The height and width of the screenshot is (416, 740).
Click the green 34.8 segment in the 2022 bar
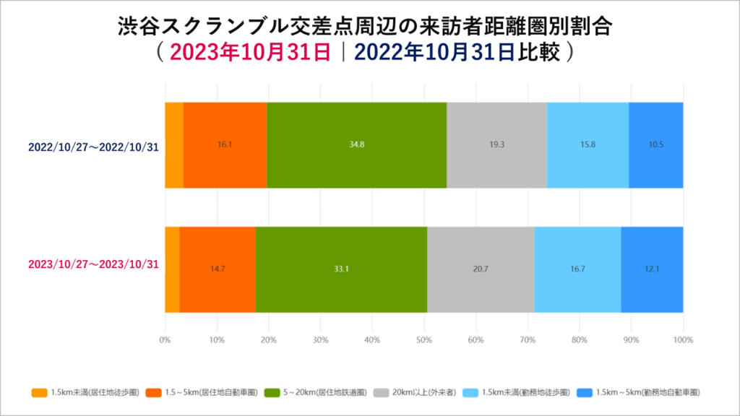356,144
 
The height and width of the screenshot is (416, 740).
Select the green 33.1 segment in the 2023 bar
341,269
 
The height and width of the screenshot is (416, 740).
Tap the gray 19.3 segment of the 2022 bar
496,144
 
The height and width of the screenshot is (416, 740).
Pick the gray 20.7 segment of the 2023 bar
481,269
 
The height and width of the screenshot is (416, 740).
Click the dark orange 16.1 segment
225,144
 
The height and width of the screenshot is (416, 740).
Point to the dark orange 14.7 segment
217,269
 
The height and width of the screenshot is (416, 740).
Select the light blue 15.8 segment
588,144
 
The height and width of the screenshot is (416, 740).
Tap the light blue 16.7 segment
577,269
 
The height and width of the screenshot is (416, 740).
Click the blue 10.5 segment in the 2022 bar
655,144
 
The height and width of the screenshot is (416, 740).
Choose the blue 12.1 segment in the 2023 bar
652,269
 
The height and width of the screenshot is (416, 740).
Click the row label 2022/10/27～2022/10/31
93,147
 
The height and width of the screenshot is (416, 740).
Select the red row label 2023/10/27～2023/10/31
93,264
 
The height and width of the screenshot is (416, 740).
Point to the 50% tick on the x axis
424,339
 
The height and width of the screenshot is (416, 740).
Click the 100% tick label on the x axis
682,339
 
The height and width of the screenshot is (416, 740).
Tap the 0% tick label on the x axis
165,339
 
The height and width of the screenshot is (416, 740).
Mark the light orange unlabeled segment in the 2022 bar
173,144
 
